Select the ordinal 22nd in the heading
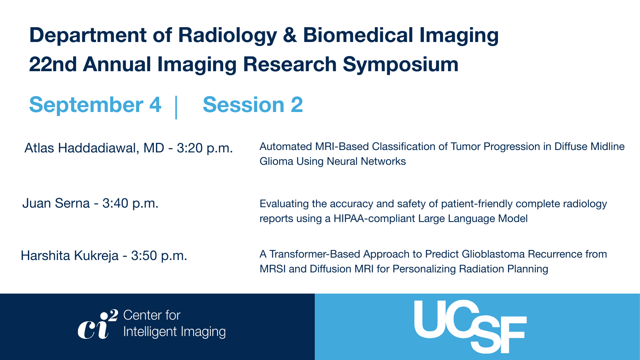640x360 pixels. [x=53, y=64]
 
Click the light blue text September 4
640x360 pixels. [x=95, y=105]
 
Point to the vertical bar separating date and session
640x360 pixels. [x=176, y=108]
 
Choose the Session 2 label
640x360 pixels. [x=252, y=104]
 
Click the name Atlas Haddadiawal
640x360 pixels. [x=82, y=148]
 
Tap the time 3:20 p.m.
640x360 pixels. [x=204, y=148]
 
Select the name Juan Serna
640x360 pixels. [x=56, y=204]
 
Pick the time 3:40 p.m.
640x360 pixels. [x=130, y=204]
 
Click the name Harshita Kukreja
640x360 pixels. [x=70, y=256]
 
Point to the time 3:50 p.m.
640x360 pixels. [x=159, y=256]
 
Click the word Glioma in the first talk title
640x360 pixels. [x=276, y=162]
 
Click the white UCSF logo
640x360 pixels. [x=470, y=326]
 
